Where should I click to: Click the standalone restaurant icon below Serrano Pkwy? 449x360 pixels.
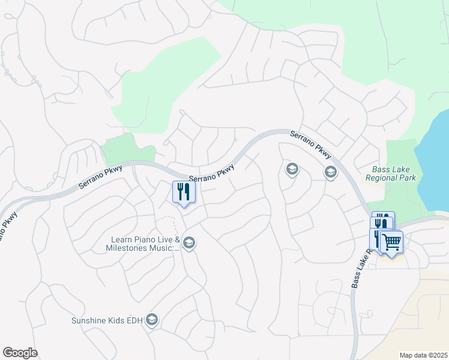(x=184, y=192)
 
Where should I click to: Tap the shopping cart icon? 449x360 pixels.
(x=391, y=242)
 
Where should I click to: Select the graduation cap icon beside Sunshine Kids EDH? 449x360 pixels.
(x=152, y=320)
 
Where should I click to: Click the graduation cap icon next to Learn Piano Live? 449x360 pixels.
(x=188, y=242)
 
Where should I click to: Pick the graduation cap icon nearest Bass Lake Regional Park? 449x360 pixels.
(x=330, y=172)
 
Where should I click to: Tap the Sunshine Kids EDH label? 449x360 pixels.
(x=107, y=320)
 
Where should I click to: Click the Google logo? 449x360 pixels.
(x=20, y=353)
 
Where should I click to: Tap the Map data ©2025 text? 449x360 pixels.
(x=423, y=355)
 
